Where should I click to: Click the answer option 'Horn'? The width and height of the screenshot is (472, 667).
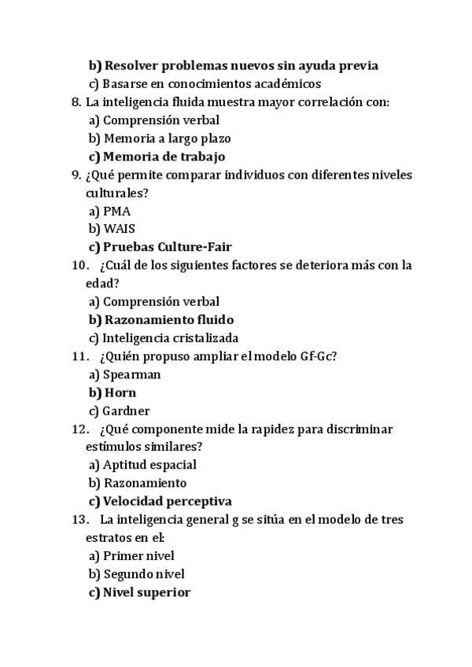(x=120, y=392)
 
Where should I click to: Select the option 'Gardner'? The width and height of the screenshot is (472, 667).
(x=126, y=411)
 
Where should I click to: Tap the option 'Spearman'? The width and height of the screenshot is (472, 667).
(x=131, y=374)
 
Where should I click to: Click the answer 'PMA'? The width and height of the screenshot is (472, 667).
(x=116, y=211)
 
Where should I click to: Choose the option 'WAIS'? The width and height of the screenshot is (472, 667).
(x=119, y=229)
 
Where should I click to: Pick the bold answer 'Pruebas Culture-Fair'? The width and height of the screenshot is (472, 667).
(x=167, y=247)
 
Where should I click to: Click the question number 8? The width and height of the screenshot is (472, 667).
(x=76, y=102)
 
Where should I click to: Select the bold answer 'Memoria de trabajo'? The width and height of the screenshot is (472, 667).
(x=164, y=157)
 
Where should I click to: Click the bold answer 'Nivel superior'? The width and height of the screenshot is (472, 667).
(x=146, y=592)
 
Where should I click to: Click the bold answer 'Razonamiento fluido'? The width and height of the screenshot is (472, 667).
(x=168, y=320)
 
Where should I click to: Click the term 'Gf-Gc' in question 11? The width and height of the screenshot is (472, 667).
(x=317, y=356)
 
